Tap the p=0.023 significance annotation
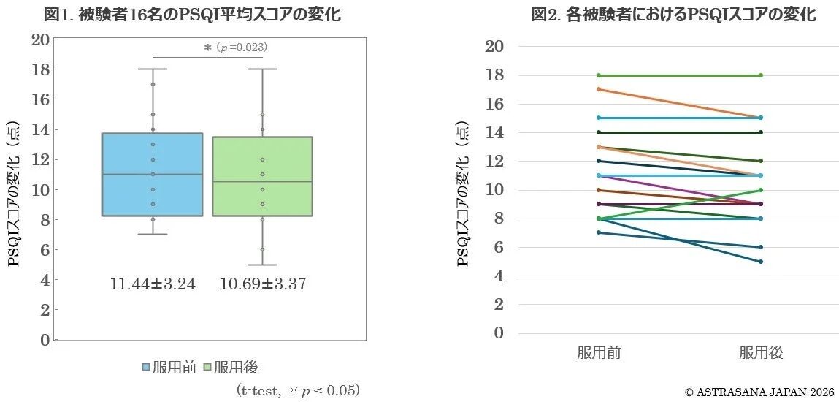click(235, 48)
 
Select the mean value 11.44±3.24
click(153, 284)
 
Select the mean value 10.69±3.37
click(262, 284)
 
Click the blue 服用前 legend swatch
click(146, 367)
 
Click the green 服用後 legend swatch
click(207, 367)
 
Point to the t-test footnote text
click(298, 390)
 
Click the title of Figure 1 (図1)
click(191, 14)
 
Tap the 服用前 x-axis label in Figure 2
click(599, 353)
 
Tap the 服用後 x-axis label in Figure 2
click(761, 353)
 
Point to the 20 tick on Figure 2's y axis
click(494, 47)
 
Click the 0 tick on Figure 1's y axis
click(45, 340)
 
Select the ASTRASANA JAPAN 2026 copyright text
click(759, 392)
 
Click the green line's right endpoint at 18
click(761, 75)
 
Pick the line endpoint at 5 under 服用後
click(761, 262)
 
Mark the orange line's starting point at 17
click(599, 89)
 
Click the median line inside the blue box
click(153, 174)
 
